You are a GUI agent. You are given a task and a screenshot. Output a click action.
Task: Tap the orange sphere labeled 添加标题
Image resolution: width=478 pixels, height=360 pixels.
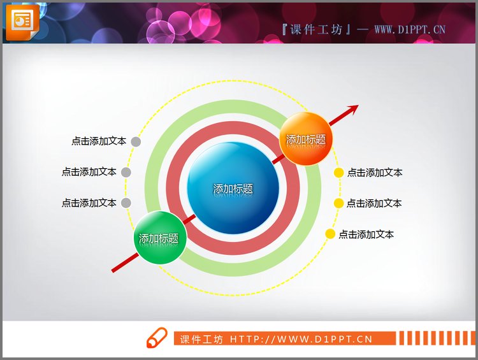[307, 139]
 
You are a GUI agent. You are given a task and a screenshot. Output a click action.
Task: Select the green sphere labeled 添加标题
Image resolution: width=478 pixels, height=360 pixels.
[159, 238]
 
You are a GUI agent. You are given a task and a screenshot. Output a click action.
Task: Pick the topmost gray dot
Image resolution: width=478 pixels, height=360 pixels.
[136, 141]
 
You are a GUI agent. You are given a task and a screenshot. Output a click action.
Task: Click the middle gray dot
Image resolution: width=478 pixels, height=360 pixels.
[126, 172]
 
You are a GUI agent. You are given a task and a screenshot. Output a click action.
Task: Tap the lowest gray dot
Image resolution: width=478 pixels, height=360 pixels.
[126, 203]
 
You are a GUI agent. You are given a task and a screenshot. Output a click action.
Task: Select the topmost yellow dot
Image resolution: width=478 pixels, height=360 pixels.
[339, 172]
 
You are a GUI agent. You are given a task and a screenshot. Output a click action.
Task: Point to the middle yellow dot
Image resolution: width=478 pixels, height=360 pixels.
[339, 203]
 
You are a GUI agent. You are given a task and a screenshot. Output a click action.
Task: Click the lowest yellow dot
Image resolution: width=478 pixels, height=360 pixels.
[330, 234]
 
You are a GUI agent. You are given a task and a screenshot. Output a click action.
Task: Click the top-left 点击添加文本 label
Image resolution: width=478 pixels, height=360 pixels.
[99, 141]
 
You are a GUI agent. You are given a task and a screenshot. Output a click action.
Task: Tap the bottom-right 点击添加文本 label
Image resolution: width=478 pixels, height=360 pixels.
[366, 234]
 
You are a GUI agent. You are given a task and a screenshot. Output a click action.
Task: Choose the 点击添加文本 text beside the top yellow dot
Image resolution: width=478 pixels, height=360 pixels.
[375, 173]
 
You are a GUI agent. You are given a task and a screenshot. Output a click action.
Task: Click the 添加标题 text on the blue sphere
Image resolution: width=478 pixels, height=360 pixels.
[233, 189]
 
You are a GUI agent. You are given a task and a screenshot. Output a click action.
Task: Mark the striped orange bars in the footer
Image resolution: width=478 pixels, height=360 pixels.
[437, 338]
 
